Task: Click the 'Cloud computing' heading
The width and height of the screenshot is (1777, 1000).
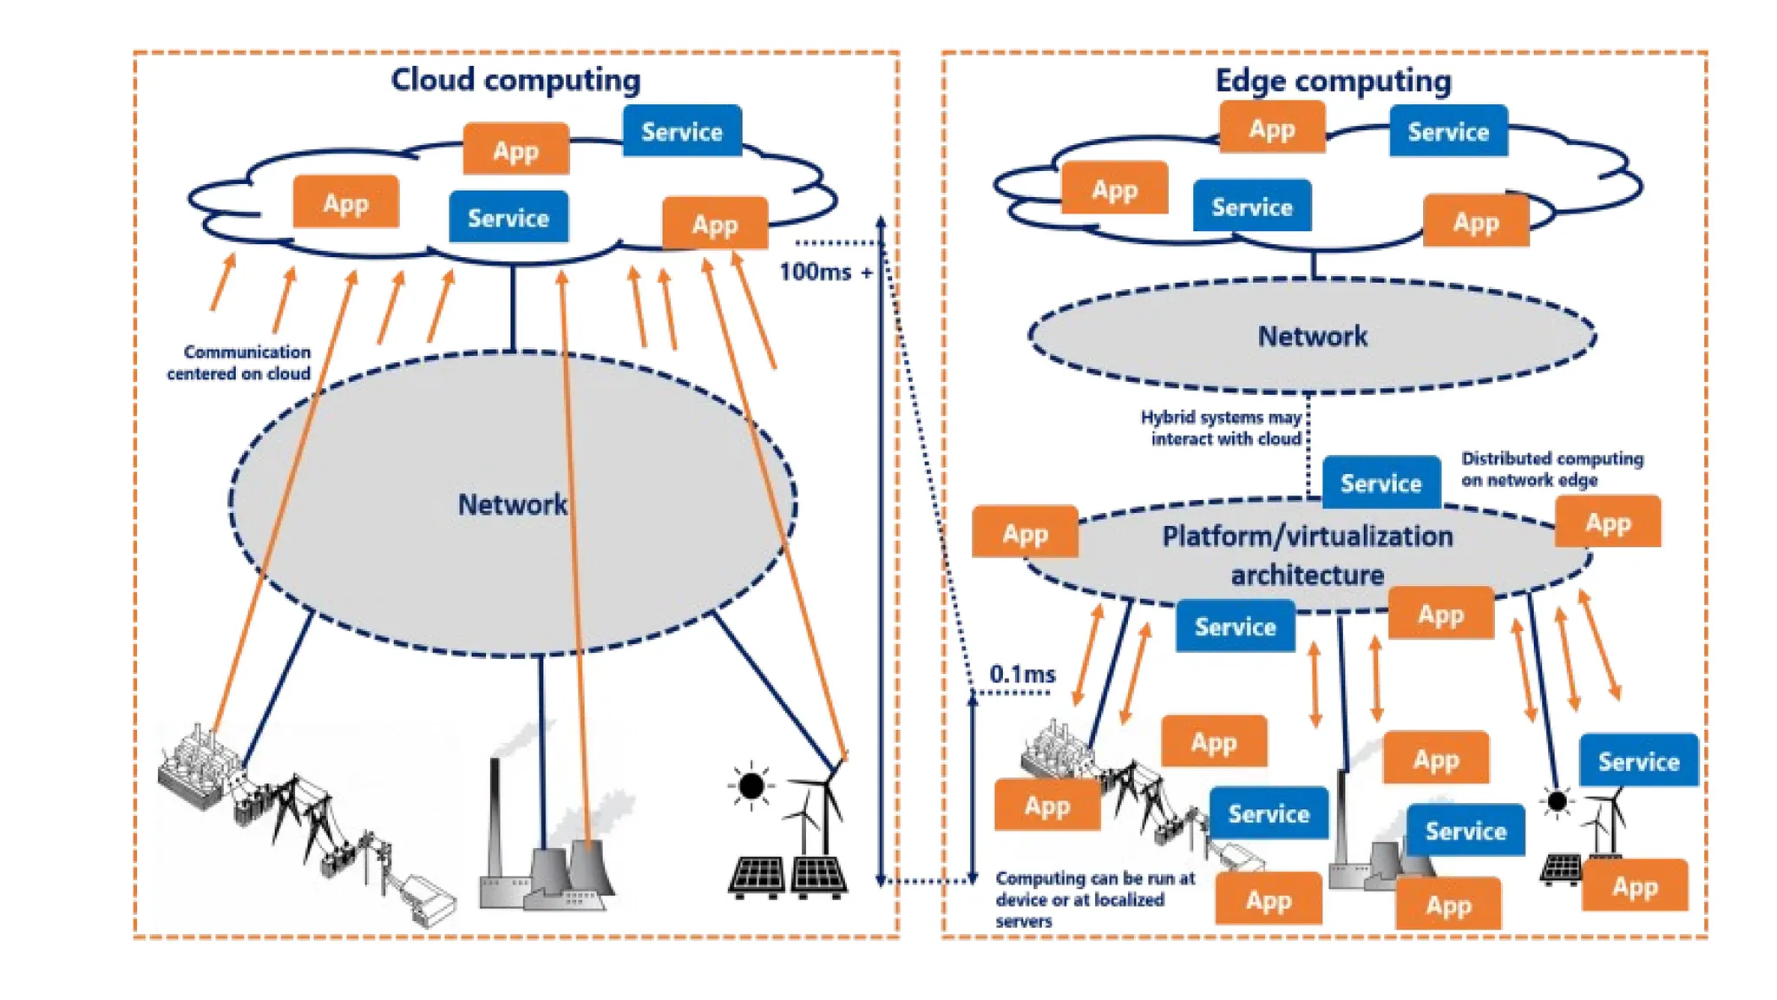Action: click(515, 80)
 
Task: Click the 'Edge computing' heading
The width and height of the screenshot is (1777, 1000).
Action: click(1333, 81)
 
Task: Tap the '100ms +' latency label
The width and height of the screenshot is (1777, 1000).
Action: click(825, 272)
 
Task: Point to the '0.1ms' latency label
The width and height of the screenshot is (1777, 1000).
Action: click(1022, 674)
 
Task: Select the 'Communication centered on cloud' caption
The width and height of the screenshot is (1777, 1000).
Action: click(239, 363)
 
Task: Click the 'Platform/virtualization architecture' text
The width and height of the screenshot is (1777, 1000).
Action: click(1307, 555)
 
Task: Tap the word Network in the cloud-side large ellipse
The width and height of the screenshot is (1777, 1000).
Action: click(512, 504)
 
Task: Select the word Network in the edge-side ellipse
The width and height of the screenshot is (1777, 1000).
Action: click(1312, 336)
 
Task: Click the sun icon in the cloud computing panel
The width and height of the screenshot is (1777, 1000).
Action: click(751, 786)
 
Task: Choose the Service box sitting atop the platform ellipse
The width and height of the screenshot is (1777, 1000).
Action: click(1380, 483)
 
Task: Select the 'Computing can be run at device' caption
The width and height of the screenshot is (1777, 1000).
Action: click(1094, 899)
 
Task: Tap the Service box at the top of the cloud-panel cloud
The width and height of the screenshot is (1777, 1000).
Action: click(681, 131)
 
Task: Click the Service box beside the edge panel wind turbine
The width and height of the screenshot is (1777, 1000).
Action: click(1638, 760)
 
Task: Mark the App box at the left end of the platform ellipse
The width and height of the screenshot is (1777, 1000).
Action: click(1025, 532)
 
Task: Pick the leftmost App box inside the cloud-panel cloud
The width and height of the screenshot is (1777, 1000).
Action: click(345, 202)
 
